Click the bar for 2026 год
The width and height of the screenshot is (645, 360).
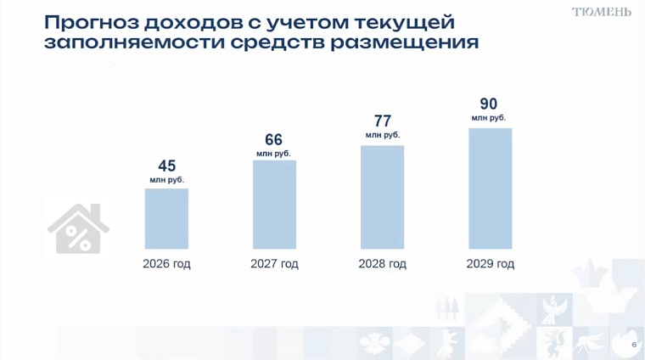(x=166, y=218)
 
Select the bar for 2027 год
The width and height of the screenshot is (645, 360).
(x=274, y=204)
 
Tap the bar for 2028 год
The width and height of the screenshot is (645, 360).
(x=382, y=197)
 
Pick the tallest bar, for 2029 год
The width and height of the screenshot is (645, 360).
(x=491, y=188)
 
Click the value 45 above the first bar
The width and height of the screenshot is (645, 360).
(x=167, y=166)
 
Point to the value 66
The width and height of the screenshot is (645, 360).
(x=273, y=139)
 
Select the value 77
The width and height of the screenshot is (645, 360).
(x=382, y=121)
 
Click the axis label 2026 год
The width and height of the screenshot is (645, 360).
(x=166, y=264)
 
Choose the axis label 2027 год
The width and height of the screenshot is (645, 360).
(x=274, y=264)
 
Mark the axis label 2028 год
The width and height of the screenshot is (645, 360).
(x=382, y=264)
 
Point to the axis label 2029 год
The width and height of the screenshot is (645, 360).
(x=491, y=264)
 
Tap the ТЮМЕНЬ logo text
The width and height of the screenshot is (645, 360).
(x=601, y=12)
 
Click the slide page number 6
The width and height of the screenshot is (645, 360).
(x=634, y=344)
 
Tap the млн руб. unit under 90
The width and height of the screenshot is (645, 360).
(x=489, y=118)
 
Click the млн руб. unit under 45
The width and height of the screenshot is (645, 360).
(x=167, y=180)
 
